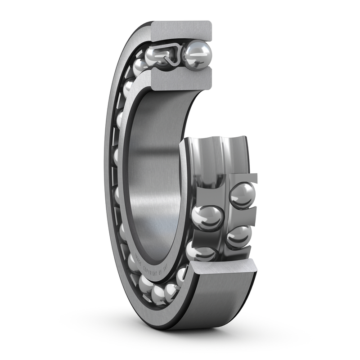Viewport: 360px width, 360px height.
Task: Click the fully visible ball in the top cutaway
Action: pyautogui.click(x=198, y=55)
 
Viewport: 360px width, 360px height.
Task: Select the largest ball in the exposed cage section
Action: pyautogui.click(x=207, y=218)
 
